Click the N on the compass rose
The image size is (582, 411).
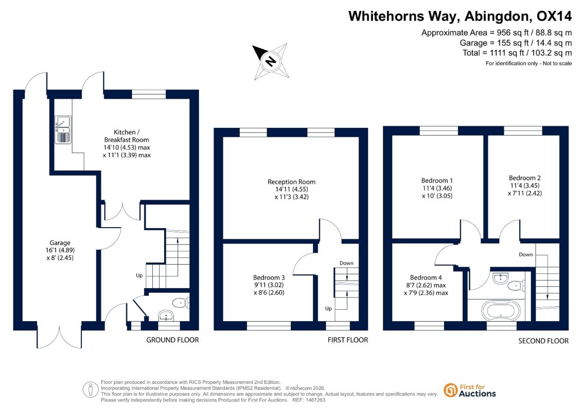coord(271,61)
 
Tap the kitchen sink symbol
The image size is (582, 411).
coord(63,129)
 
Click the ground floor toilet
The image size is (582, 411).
coord(181,303)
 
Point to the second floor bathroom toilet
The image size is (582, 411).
coord(516,286)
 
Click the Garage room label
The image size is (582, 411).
coord(60,242)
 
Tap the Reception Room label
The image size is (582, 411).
coord(291,182)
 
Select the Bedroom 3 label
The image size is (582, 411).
coord(269,277)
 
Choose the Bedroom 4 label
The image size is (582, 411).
coord(426,277)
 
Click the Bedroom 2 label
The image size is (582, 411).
coord(524,178)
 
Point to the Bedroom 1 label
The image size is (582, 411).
coord(437,180)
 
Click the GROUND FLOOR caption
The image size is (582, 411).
coord(172,340)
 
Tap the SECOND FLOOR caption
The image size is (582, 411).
coord(543,341)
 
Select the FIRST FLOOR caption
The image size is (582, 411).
coord(348,340)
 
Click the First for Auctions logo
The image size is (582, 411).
coord(470,390)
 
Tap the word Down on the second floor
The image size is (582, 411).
coord(525,255)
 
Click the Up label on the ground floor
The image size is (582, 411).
coord(139,276)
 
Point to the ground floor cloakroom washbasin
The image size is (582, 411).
coord(166,316)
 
